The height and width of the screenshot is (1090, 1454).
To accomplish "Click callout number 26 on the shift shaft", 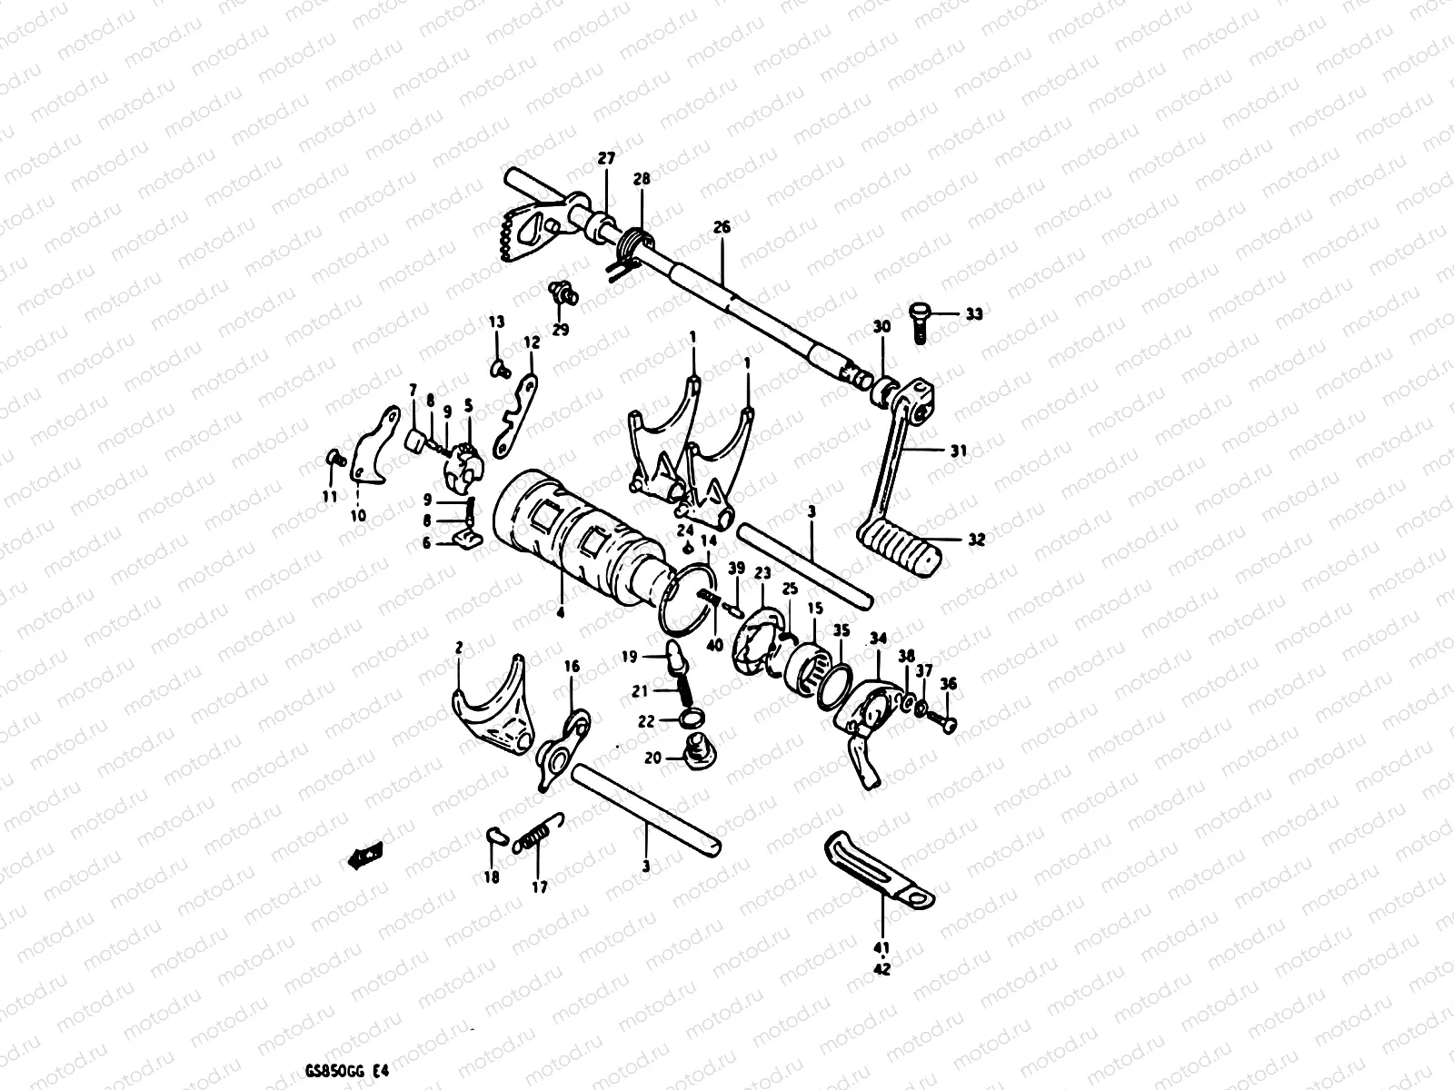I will click(x=722, y=227).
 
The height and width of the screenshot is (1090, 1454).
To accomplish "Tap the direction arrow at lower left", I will click(x=365, y=855).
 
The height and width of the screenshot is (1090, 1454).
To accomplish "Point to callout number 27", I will click(x=606, y=158).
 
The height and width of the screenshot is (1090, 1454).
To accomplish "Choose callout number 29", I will click(x=560, y=330).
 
